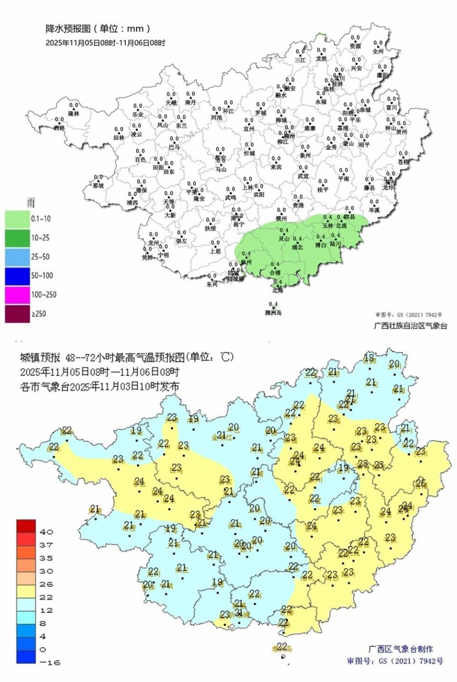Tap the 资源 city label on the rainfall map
click(x=355, y=46)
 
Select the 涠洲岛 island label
click(x=273, y=312)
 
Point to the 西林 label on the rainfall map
click(x=59, y=128)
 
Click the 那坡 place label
click(x=98, y=185)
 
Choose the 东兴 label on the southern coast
click(x=212, y=284)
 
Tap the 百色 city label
click(x=140, y=160)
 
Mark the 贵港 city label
click(x=298, y=205)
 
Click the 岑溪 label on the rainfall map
click(x=374, y=210)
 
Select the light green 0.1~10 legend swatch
click(x=17, y=219)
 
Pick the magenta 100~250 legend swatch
click(x=17, y=295)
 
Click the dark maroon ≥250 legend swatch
click(x=17, y=314)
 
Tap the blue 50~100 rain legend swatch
click(x=17, y=276)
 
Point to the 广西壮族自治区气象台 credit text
click(x=410, y=326)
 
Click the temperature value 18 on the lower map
click(x=369, y=358)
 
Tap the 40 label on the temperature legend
click(x=46, y=532)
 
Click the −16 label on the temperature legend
click(x=50, y=662)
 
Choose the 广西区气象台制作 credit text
click(x=401, y=649)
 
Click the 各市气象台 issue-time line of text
click(x=99, y=386)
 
